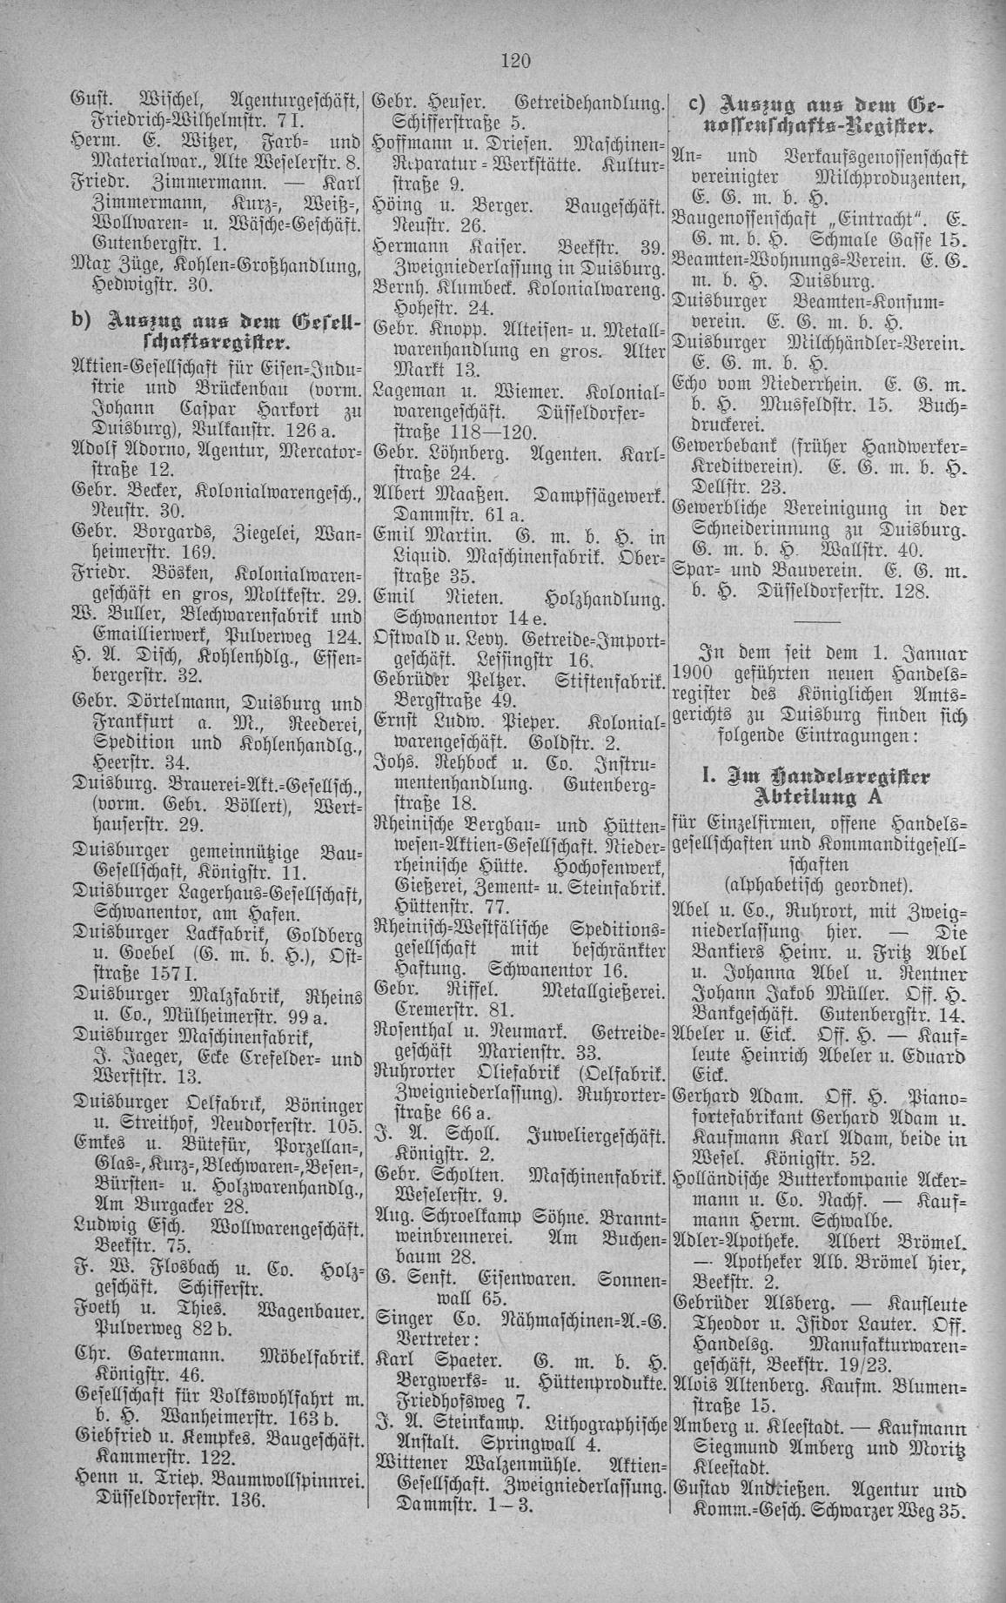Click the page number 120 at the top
coord(516,60)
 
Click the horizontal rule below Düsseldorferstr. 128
coord(818,623)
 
